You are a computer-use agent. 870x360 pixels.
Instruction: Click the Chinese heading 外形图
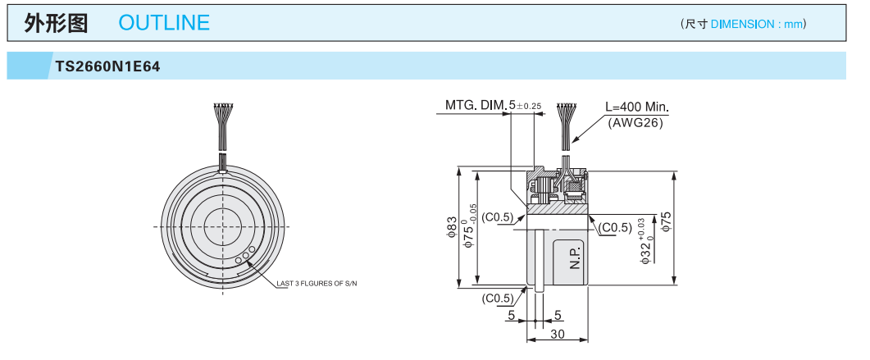pos(56,23)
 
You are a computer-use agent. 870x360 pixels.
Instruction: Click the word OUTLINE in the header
pos(164,23)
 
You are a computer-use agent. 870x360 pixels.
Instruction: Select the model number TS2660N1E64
pos(107,66)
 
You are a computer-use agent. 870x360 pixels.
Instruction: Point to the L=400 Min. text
pos(637,107)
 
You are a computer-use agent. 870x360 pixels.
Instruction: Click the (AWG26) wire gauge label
pos(635,123)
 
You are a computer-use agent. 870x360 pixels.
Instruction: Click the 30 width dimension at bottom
pos(557,334)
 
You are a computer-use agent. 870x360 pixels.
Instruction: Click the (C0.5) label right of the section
pos(616,227)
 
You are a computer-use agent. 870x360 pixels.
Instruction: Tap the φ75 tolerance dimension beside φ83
pos(471,228)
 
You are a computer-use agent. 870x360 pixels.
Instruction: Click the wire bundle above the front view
pos(222,123)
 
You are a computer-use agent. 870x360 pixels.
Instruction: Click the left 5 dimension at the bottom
pos(511,315)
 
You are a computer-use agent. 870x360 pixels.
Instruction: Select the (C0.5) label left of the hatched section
pos(498,217)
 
